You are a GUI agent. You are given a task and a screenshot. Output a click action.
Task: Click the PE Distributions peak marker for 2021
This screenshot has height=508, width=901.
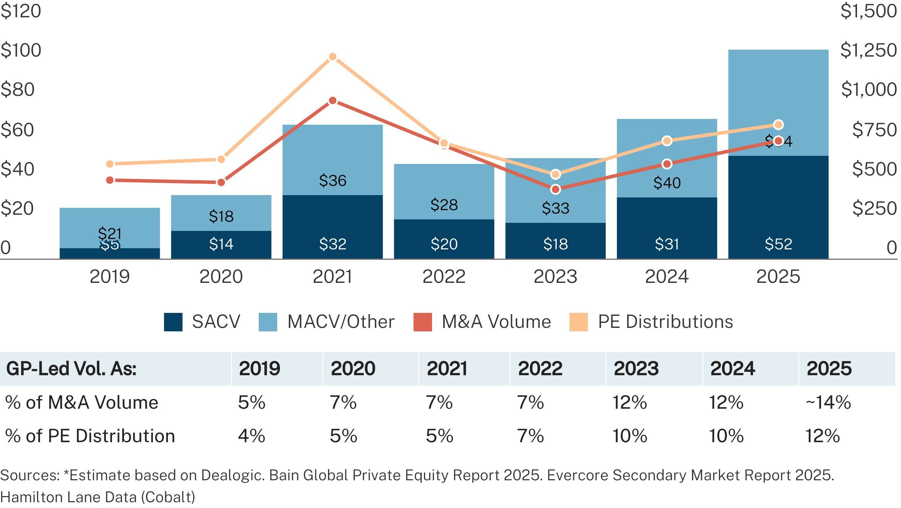click(x=333, y=57)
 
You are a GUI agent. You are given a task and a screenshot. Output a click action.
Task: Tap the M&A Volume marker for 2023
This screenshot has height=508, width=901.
click(x=555, y=189)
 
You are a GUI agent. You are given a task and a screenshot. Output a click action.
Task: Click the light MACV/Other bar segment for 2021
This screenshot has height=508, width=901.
click(x=333, y=160)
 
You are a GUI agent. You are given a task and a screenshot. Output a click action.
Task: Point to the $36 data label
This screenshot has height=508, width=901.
click(x=333, y=180)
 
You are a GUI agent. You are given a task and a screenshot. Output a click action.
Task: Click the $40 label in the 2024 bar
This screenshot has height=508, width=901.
click(x=667, y=183)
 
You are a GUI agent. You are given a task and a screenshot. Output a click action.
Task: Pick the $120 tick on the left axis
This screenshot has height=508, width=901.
click(x=21, y=11)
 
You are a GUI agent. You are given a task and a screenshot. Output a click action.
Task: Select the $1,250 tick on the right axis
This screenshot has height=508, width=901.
click(x=869, y=50)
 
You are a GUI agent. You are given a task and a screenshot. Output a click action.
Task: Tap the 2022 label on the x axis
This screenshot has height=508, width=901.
click(x=444, y=277)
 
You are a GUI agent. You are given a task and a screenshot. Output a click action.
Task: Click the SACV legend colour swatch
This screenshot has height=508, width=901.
click(x=173, y=322)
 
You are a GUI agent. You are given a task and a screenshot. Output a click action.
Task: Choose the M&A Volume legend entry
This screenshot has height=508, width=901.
click(x=496, y=322)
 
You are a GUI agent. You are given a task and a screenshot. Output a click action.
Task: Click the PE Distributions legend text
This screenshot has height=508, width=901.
click(x=665, y=322)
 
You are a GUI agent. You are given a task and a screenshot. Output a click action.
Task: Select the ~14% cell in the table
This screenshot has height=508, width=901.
click(x=828, y=403)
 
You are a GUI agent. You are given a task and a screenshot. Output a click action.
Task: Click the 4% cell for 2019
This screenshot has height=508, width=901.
click(x=251, y=436)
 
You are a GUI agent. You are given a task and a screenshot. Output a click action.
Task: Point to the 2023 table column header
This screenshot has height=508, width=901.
click(x=636, y=369)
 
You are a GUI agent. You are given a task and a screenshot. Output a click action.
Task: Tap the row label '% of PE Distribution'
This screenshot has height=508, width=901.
click(x=90, y=436)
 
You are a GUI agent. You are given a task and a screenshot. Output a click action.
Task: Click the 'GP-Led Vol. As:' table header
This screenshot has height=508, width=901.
click(x=72, y=369)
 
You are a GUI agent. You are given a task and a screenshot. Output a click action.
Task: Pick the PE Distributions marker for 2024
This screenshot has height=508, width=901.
click(x=667, y=141)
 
